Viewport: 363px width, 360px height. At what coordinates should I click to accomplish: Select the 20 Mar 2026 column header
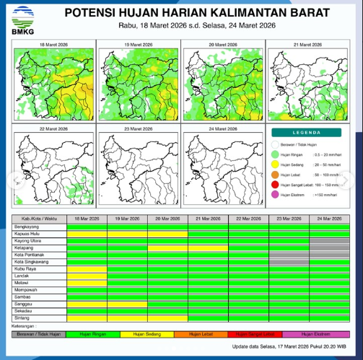click(167, 218)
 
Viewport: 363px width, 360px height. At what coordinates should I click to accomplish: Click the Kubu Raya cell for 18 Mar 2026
click(87, 268)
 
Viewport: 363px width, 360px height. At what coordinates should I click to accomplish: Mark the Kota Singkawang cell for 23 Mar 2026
click(288, 261)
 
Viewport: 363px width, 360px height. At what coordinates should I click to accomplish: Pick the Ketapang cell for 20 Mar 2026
click(167, 247)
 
